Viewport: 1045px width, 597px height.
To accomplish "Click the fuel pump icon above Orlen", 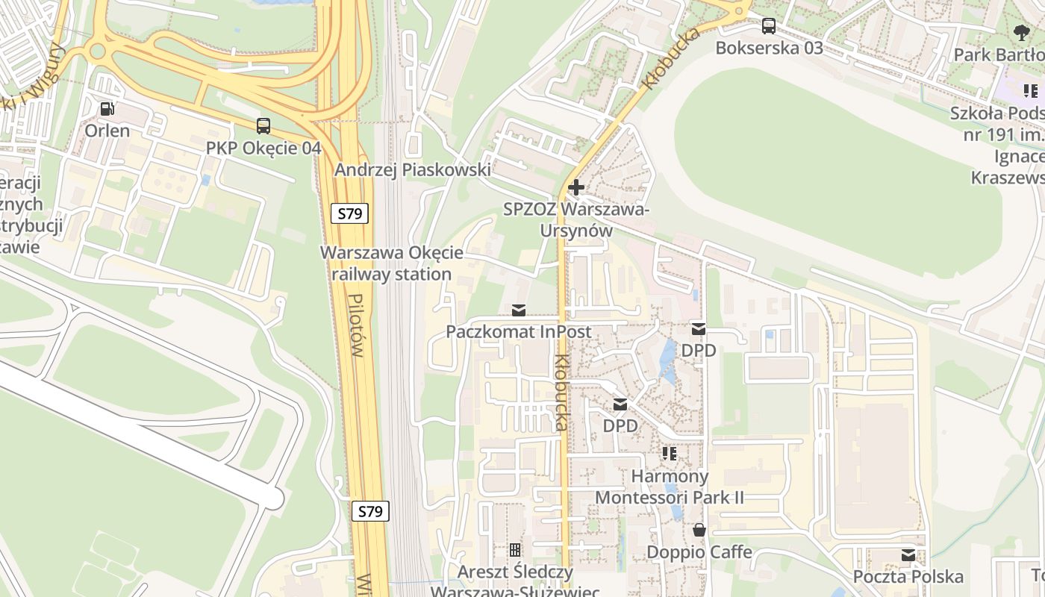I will [107, 109].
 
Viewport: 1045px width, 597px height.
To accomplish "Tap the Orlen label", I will [107, 131].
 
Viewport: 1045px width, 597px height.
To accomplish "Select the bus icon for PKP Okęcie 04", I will [263, 126].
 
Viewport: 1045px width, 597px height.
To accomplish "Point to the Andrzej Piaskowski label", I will [412, 170].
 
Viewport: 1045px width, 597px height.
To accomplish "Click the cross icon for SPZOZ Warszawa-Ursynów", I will [575, 187].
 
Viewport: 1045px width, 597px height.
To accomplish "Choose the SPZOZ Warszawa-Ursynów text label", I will [576, 219].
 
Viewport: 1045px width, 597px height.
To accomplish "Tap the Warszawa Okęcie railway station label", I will [392, 263].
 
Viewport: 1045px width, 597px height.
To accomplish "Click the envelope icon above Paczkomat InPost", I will [518, 310].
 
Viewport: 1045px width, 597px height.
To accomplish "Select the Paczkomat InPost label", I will [519, 331].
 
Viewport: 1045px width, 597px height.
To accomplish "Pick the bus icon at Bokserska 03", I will [769, 26].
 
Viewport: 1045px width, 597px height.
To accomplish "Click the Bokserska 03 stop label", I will [769, 48].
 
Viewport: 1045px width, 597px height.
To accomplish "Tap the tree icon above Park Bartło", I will [1022, 33].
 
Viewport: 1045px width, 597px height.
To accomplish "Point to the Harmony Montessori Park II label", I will [670, 487].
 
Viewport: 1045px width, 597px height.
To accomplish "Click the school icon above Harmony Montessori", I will [670, 454].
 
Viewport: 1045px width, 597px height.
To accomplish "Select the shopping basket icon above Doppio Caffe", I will [699, 531].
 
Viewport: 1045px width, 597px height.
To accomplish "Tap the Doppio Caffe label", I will [699, 552].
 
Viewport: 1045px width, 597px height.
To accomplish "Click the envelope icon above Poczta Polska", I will [908, 555].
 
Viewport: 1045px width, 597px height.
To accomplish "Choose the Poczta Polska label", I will [908, 577].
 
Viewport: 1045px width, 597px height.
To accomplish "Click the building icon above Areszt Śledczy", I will [515, 551].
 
